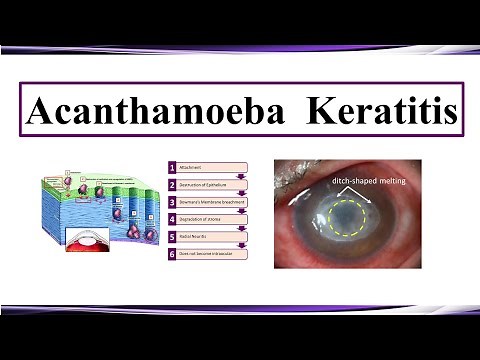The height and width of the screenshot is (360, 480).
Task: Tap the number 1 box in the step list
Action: tap(173, 167)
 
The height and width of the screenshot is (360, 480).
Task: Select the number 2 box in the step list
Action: tap(173, 185)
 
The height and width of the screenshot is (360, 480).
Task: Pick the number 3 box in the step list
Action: tap(173, 202)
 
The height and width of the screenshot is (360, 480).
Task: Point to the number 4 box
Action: tap(173, 219)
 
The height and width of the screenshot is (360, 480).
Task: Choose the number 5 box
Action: tap(173, 237)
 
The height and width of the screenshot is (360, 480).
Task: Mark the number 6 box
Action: tap(173, 254)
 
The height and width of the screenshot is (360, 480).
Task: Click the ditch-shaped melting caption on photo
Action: tap(369, 182)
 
